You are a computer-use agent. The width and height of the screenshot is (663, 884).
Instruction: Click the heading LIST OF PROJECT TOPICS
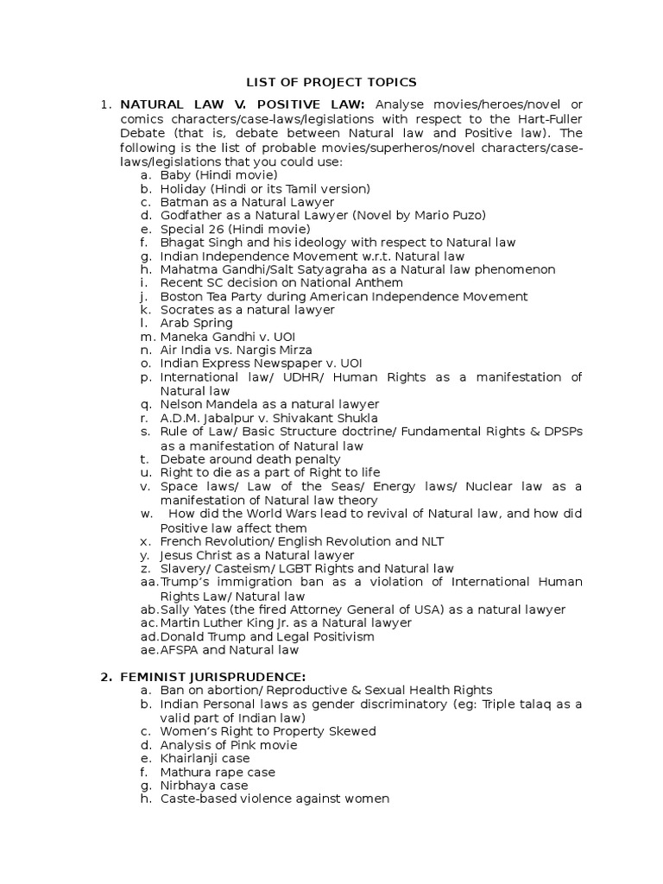(331, 82)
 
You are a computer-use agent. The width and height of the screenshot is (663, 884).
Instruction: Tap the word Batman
(180, 202)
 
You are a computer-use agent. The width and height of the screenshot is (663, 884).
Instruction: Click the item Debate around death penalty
(243, 459)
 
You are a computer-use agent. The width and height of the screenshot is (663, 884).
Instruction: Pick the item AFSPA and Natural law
(229, 650)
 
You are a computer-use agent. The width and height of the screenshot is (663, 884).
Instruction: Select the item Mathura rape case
(217, 772)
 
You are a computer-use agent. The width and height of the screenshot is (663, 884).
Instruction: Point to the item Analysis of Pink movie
(228, 745)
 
